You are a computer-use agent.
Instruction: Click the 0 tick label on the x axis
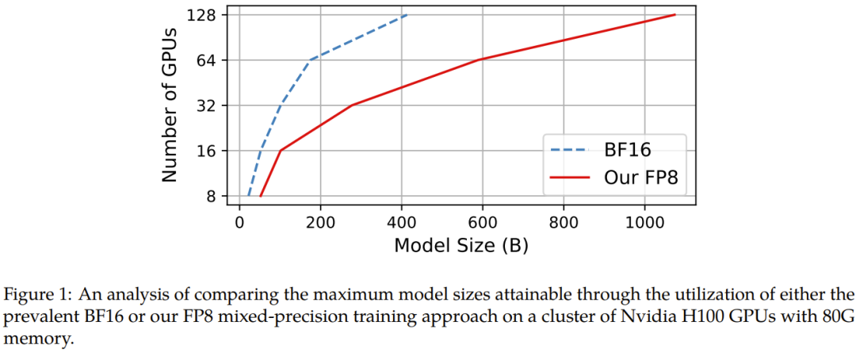coord(239,223)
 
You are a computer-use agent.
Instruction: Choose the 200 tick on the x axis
coord(320,223)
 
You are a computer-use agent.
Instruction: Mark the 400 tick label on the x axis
coord(401,223)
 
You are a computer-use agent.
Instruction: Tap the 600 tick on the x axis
coord(482,223)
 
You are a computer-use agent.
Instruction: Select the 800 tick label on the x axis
coord(563,223)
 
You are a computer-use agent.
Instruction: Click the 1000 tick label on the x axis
coord(644,223)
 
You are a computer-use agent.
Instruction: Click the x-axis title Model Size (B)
coord(460,246)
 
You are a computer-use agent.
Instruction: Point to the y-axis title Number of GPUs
coord(169,105)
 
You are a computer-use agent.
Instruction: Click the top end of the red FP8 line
coord(674,15)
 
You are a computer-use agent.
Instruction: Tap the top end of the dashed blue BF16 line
coord(407,15)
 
